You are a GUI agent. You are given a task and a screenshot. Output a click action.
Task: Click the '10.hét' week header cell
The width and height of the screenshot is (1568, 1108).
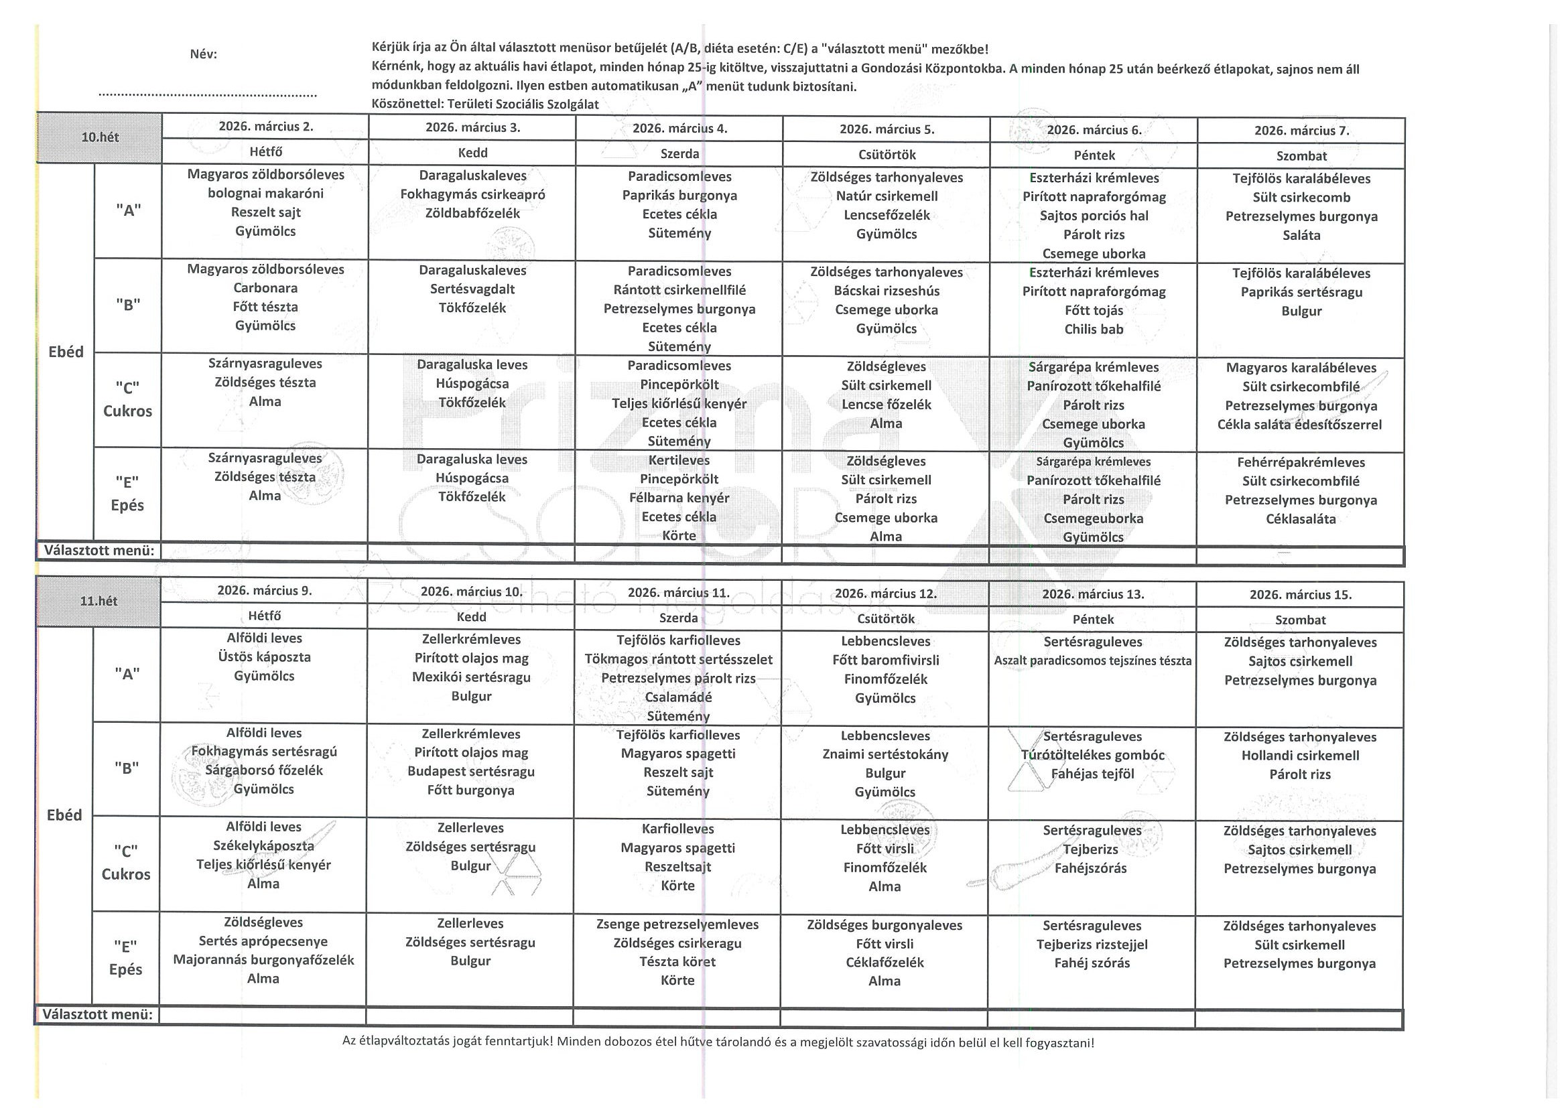pyautogui.click(x=100, y=137)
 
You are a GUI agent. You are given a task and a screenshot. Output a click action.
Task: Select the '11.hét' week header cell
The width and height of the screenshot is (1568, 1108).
pyautogui.click(x=99, y=602)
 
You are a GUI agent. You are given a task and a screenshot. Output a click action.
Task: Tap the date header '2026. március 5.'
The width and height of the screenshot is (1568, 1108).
pyautogui.click(x=887, y=129)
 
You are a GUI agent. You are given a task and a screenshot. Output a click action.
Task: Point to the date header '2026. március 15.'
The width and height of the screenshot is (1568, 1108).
pyautogui.click(x=1300, y=595)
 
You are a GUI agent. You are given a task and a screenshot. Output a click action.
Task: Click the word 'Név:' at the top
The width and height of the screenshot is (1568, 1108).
pyautogui.click(x=204, y=55)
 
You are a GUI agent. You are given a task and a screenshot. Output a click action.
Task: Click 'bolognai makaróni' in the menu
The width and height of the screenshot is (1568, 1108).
pyautogui.click(x=265, y=193)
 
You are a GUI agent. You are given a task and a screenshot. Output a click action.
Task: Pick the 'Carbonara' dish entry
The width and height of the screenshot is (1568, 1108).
pyautogui.click(x=265, y=288)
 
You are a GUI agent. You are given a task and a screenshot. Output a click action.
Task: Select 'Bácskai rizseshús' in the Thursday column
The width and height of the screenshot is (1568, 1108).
pyautogui.click(x=887, y=291)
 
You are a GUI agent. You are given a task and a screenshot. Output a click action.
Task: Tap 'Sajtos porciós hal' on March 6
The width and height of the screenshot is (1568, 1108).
pyautogui.click(x=1094, y=216)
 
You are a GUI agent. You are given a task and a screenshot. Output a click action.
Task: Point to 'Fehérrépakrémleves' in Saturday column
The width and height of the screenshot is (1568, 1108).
pyautogui.click(x=1300, y=462)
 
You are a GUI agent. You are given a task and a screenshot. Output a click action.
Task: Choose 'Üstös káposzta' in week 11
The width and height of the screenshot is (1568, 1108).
pyautogui.click(x=264, y=656)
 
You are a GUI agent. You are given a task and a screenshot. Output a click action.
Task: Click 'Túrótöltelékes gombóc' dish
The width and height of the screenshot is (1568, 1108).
pyautogui.click(x=1093, y=755)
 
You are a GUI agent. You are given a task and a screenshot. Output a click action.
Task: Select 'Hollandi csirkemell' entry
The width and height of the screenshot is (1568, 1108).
pyautogui.click(x=1299, y=756)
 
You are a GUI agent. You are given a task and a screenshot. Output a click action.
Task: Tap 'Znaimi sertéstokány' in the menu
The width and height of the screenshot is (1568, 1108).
pyautogui.click(x=885, y=754)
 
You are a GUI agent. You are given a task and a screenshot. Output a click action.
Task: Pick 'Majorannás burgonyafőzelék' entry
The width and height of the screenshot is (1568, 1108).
pyautogui.click(x=263, y=960)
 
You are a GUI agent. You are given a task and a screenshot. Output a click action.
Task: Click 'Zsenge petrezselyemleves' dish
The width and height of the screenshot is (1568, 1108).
pyautogui.click(x=677, y=924)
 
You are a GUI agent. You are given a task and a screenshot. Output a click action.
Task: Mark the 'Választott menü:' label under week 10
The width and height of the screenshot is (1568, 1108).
pyautogui.click(x=99, y=550)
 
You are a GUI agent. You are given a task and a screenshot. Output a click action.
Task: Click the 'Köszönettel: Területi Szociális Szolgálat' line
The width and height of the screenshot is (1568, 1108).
pyautogui.click(x=485, y=105)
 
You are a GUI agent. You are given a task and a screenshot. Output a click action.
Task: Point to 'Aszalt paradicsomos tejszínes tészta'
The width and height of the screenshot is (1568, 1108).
pyautogui.click(x=1092, y=661)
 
